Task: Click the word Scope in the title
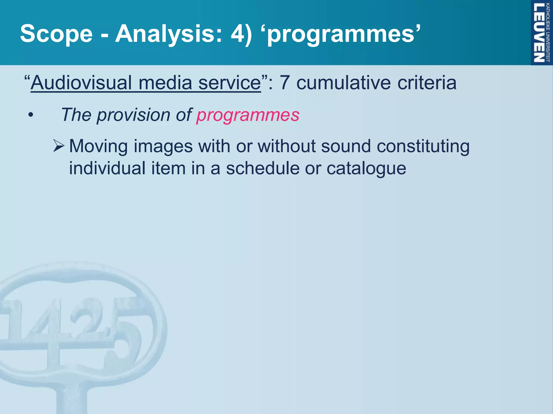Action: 56,34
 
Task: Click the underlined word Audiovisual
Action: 81,82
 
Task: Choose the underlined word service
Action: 230,82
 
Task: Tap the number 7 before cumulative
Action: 285,82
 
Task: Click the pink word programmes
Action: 248,115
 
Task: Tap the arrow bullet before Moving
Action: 58,146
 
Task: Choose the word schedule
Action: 263,168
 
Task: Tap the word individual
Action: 107,168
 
